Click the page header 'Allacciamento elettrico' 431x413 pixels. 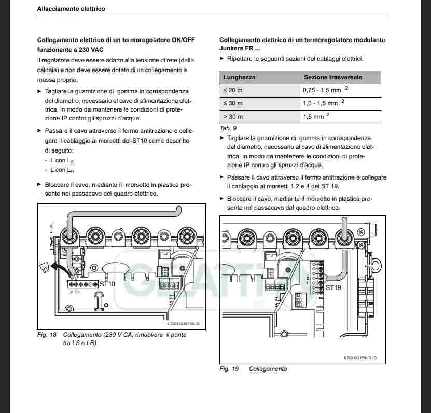pos(71,9)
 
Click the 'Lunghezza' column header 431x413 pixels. pos(239,77)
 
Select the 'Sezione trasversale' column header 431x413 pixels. pos(333,77)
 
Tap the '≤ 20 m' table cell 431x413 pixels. pos(233,90)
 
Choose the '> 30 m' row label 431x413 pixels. pos(233,117)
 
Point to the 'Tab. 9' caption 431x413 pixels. pos(229,128)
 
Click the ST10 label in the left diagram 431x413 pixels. pos(107,284)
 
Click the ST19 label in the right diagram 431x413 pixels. pos(333,287)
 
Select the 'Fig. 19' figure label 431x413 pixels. pos(229,369)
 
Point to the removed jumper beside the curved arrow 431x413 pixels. pos(45,267)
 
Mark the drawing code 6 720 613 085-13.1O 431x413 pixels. pos(359,358)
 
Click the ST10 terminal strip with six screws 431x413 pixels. pos(83,285)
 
